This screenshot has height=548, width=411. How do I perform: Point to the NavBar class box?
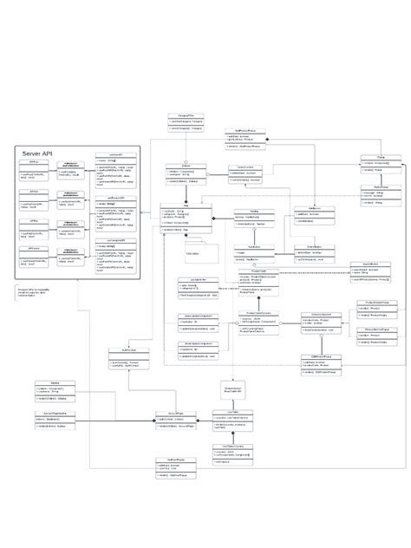pyautogui.click(x=253, y=217)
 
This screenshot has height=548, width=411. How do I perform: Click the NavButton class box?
pyautogui.click(x=307, y=214)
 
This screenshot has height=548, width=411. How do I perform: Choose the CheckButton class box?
pyautogui.click(x=303, y=252)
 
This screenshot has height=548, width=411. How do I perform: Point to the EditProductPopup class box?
pyautogui.click(x=321, y=364)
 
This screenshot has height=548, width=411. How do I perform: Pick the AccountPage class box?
pyautogui.click(x=175, y=420)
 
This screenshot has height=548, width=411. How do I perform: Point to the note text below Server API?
pyautogui.click(x=33, y=294)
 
